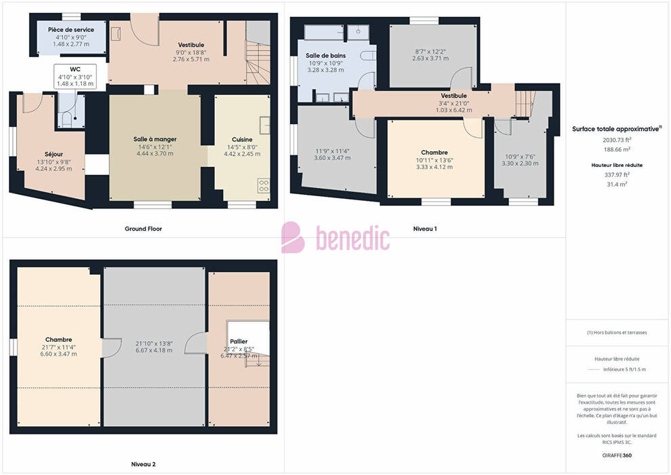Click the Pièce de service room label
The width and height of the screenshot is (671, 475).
pos(71,30)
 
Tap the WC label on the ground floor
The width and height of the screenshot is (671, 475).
pos(75,69)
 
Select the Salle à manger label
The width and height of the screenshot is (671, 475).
pos(155,139)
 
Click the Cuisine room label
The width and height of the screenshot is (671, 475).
pos(242,140)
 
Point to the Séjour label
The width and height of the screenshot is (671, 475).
pos(54,154)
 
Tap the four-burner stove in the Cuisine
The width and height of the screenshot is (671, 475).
pos(264,185)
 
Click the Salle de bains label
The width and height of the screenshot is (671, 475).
pos(325,56)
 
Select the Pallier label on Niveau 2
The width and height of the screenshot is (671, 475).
pos(239,341)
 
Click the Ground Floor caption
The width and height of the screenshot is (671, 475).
pos(144,229)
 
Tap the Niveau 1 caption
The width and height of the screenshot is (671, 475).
pos(425,229)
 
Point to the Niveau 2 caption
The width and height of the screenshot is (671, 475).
pos(144,464)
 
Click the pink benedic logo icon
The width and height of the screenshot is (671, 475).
pos(293,237)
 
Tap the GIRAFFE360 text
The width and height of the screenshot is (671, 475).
pos(617,455)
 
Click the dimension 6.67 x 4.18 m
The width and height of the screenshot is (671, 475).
pos(154,350)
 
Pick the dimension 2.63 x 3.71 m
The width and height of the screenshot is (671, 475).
pos(430,58)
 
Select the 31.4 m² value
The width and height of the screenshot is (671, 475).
pos(617,184)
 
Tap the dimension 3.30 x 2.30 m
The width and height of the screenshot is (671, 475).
pos(520,163)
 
